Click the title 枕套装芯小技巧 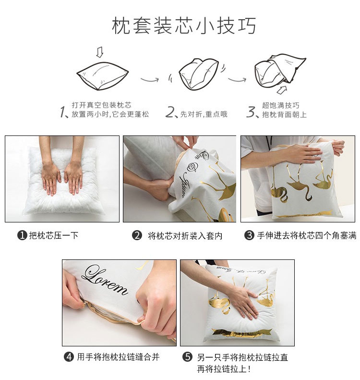click(184, 26)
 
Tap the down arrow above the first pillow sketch click(99, 51)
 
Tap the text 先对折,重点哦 click(203, 115)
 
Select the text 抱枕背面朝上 click(284, 115)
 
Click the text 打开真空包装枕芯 click(101, 105)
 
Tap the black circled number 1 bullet click(22, 235)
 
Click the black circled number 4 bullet click(69, 357)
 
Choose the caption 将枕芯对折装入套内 click(185, 235)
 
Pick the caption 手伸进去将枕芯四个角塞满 click(306, 235)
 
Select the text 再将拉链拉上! click(224, 369)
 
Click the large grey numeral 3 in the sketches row click(251, 112)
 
